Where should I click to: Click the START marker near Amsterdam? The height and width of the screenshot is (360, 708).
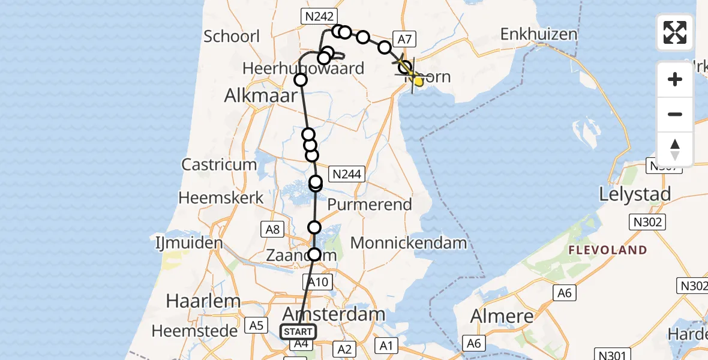(298, 332)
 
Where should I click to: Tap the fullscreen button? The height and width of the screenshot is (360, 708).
(675, 32)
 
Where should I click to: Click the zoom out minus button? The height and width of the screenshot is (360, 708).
(675, 114)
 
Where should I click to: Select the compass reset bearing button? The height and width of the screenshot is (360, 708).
(675, 149)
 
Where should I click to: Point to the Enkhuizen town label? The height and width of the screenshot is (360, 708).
(538, 34)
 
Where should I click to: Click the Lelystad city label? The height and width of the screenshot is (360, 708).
(635, 194)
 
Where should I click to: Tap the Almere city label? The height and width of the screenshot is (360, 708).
(502, 316)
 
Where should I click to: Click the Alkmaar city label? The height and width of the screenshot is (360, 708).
(261, 95)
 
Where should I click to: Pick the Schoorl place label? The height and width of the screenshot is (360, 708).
(232, 36)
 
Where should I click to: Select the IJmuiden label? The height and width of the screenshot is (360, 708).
(186, 244)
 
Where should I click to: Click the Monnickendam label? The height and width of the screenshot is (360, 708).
(409, 243)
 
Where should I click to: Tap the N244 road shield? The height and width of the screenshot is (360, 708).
(346, 175)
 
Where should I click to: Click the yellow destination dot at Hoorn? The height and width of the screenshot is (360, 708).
(418, 82)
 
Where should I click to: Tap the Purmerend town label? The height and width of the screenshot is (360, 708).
(370, 204)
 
